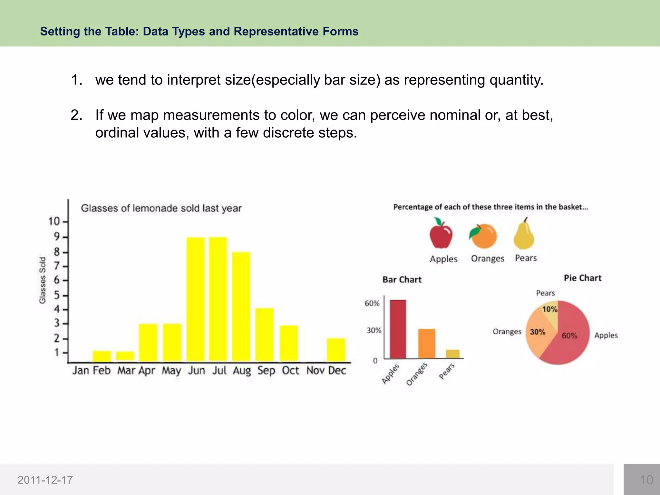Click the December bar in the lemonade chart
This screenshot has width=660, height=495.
point(336,350)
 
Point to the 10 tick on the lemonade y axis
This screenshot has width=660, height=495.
point(54,221)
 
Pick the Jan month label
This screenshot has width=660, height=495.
point(81,371)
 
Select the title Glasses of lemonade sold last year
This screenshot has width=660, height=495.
point(161,208)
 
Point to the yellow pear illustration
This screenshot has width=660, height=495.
point(524,235)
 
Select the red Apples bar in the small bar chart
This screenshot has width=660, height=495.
point(398,329)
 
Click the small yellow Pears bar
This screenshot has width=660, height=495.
point(453,354)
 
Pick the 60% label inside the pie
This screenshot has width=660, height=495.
point(569,336)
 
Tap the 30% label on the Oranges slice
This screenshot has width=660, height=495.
point(538,332)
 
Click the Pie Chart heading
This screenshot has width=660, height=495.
point(583,278)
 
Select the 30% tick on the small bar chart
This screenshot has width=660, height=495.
point(374,330)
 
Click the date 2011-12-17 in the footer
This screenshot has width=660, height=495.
point(45,480)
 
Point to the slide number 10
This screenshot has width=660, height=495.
point(646,480)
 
